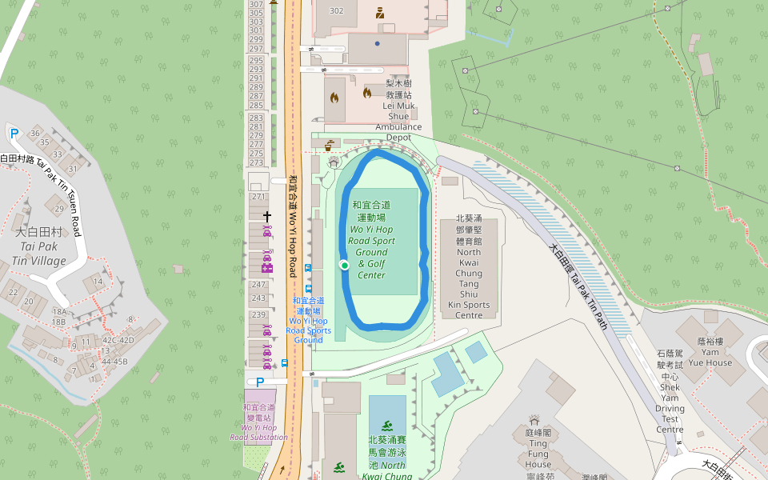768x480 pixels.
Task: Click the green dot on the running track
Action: click(x=344, y=265)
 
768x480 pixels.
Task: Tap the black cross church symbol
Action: click(x=267, y=216)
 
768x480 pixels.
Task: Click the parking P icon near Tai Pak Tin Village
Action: click(x=14, y=134)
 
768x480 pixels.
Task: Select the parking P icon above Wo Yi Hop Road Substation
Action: click(x=259, y=382)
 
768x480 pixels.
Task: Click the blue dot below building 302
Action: click(x=377, y=43)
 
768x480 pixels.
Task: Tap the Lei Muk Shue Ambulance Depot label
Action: click(x=398, y=110)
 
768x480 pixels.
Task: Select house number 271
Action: click(x=258, y=197)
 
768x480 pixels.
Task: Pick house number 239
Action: click(x=258, y=314)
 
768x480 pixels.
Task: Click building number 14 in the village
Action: click(x=98, y=282)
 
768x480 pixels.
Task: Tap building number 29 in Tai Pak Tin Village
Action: click(x=58, y=209)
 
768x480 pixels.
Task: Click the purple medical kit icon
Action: click(x=267, y=267)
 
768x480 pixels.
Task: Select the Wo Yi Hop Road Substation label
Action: click(x=258, y=422)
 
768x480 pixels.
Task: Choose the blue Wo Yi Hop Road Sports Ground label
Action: click(x=309, y=320)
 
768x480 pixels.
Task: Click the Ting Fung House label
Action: click(x=538, y=448)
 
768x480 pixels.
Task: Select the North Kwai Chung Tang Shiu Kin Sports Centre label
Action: click(x=469, y=266)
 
